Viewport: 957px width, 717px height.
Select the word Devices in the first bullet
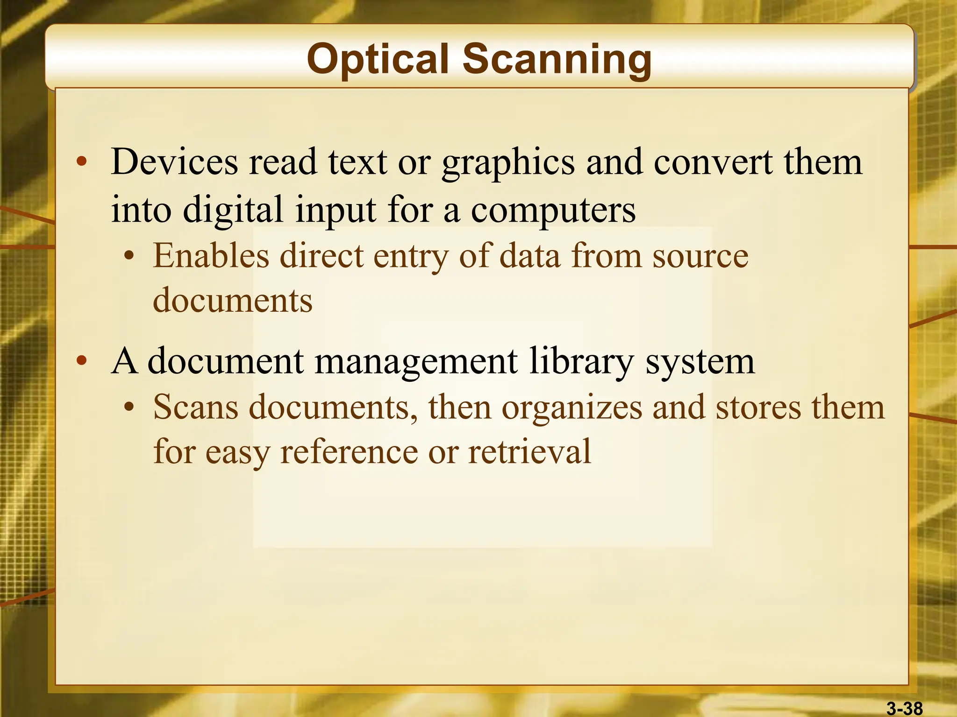174,162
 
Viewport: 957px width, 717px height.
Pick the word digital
233,210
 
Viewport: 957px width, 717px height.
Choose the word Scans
196,407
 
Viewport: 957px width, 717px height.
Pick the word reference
349,452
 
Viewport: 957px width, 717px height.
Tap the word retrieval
529,452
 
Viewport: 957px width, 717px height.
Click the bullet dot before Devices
82,162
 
